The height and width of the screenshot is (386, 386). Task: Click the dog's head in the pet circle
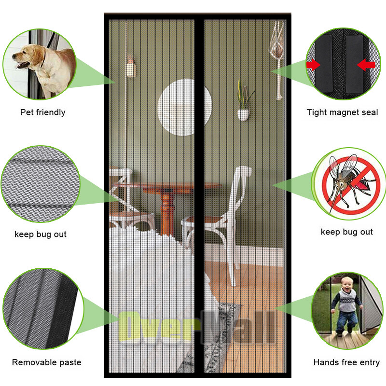(27, 56)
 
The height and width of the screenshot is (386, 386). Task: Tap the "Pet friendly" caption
(43, 112)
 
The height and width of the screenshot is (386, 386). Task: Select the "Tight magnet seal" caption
(342, 112)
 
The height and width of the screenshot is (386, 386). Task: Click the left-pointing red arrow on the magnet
(366, 65)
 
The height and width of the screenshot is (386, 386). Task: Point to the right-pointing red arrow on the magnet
(313, 65)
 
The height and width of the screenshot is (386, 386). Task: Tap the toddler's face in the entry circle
(347, 285)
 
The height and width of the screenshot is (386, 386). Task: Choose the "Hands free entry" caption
(346, 362)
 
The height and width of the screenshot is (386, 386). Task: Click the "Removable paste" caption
(46, 362)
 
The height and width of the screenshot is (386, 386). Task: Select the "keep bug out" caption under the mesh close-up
(41, 234)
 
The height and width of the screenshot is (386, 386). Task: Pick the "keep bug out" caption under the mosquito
(347, 232)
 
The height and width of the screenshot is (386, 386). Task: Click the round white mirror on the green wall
(185, 107)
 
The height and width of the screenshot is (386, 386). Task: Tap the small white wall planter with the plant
(243, 115)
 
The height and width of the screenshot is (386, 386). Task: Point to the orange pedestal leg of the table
(166, 212)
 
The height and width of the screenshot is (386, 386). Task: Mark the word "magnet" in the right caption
(344, 113)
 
